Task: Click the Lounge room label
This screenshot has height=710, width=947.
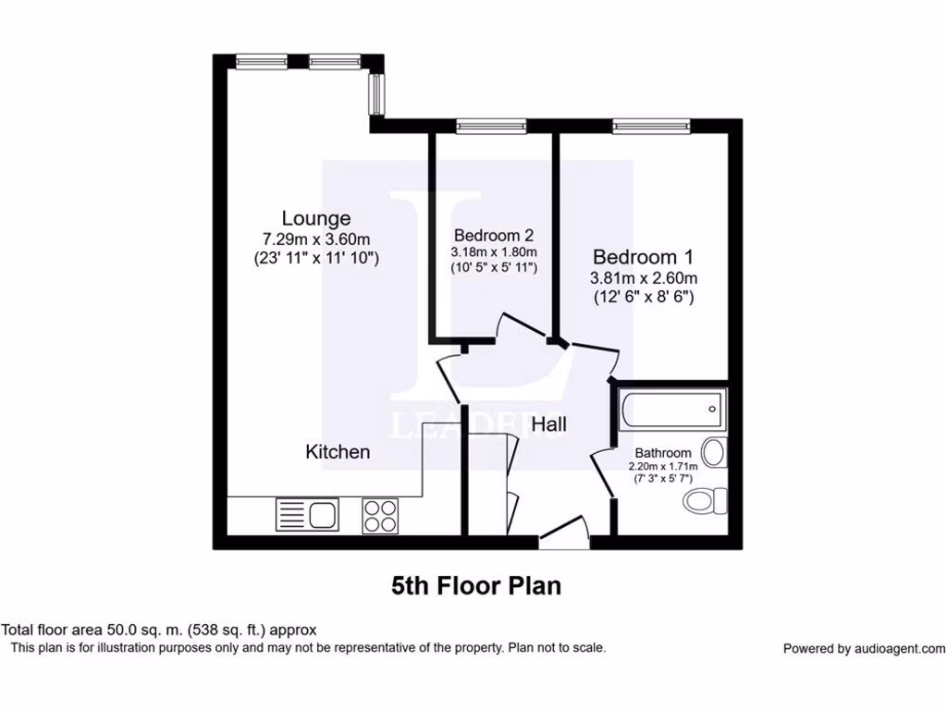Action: [316, 218]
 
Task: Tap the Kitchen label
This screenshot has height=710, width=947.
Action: [338, 451]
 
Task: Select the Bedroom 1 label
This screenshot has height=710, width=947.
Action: [643, 256]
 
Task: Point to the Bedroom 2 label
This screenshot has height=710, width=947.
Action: [493, 235]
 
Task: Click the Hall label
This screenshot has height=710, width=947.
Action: [549, 424]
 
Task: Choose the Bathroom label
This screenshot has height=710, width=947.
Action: [662, 453]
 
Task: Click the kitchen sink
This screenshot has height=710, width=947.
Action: [309, 514]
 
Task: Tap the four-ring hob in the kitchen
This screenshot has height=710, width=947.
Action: [380, 514]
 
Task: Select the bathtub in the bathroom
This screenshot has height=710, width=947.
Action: [671, 408]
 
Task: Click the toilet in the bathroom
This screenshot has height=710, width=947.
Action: [707, 501]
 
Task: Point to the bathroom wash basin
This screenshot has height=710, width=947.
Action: [714, 453]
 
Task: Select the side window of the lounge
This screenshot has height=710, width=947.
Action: [376, 91]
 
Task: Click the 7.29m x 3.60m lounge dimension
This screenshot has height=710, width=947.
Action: [316, 239]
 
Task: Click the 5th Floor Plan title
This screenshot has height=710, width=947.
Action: [475, 585]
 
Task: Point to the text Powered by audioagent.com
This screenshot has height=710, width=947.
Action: [864, 649]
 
